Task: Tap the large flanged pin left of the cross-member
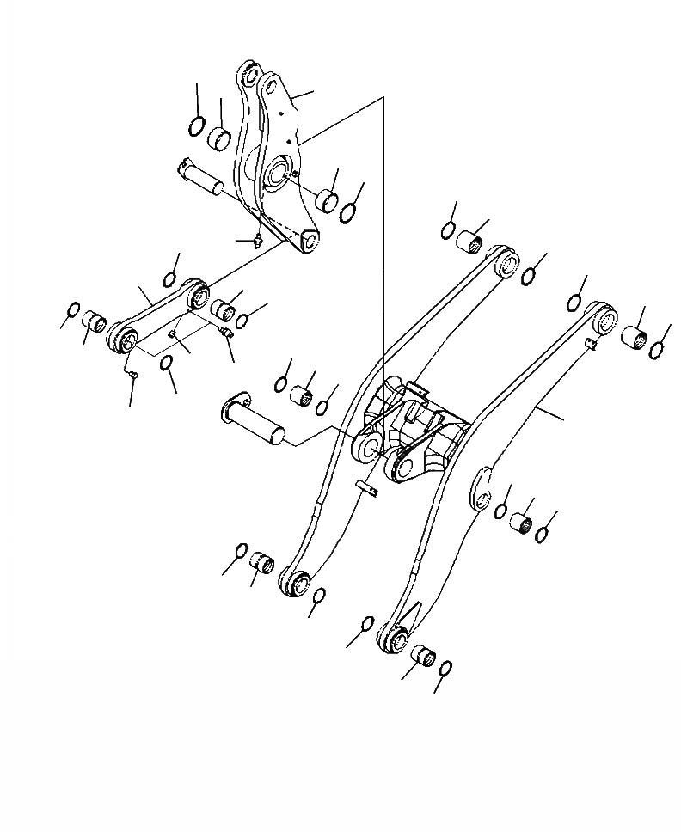(x=250, y=417)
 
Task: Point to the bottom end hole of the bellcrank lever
(x=308, y=243)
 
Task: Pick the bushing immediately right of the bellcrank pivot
(x=327, y=199)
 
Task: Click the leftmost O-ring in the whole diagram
(x=73, y=310)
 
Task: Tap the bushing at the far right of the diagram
(x=635, y=337)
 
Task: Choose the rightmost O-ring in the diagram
(x=658, y=348)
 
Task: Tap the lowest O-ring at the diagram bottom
(x=446, y=668)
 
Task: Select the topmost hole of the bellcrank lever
(x=250, y=76)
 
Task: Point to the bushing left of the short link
(x=94, y=324)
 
